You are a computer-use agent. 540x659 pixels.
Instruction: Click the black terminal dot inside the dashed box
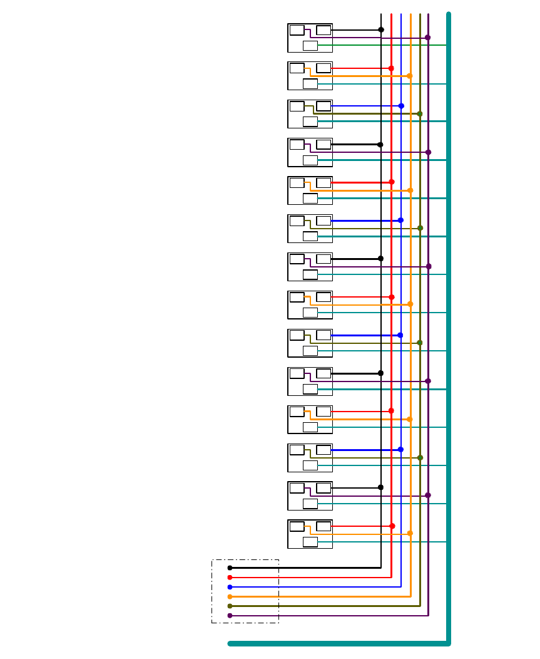[x=230, y=568]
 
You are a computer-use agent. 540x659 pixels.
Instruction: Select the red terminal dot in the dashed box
[x=230, y=577]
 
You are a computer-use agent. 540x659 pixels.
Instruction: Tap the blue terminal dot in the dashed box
[x=230, y=587]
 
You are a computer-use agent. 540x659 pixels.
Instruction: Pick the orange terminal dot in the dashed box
[x=230, y=596]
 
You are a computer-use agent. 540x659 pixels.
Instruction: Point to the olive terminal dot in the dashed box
[x=230, y=606]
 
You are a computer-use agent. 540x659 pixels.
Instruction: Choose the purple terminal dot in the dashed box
[x=230, y=615]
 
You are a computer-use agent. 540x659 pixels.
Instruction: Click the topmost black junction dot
[x=381, y=29]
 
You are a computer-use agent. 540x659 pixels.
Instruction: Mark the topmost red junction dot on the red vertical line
[x=391, y=68]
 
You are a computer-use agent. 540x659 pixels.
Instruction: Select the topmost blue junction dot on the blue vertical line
[x=401, y=106]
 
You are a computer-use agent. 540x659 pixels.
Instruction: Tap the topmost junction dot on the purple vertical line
[x=428, y=38]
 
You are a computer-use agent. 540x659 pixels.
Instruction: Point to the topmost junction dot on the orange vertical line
[x=410, y=76]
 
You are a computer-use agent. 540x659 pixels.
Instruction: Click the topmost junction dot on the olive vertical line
[x=420, y=114]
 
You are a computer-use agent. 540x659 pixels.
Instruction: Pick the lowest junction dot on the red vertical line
[x=392, y=526]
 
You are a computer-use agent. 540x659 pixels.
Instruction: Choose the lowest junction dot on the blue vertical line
[x=400, y=449]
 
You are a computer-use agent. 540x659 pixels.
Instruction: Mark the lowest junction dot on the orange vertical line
[x=410, y=533]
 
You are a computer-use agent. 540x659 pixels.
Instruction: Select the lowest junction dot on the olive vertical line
[x=420, y=457]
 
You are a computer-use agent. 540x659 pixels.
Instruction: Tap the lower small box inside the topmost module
[x=310, y=45]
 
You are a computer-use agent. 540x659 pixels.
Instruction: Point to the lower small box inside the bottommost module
[x=310, y=541]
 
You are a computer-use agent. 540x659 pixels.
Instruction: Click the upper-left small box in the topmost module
[x=297, y=30]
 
